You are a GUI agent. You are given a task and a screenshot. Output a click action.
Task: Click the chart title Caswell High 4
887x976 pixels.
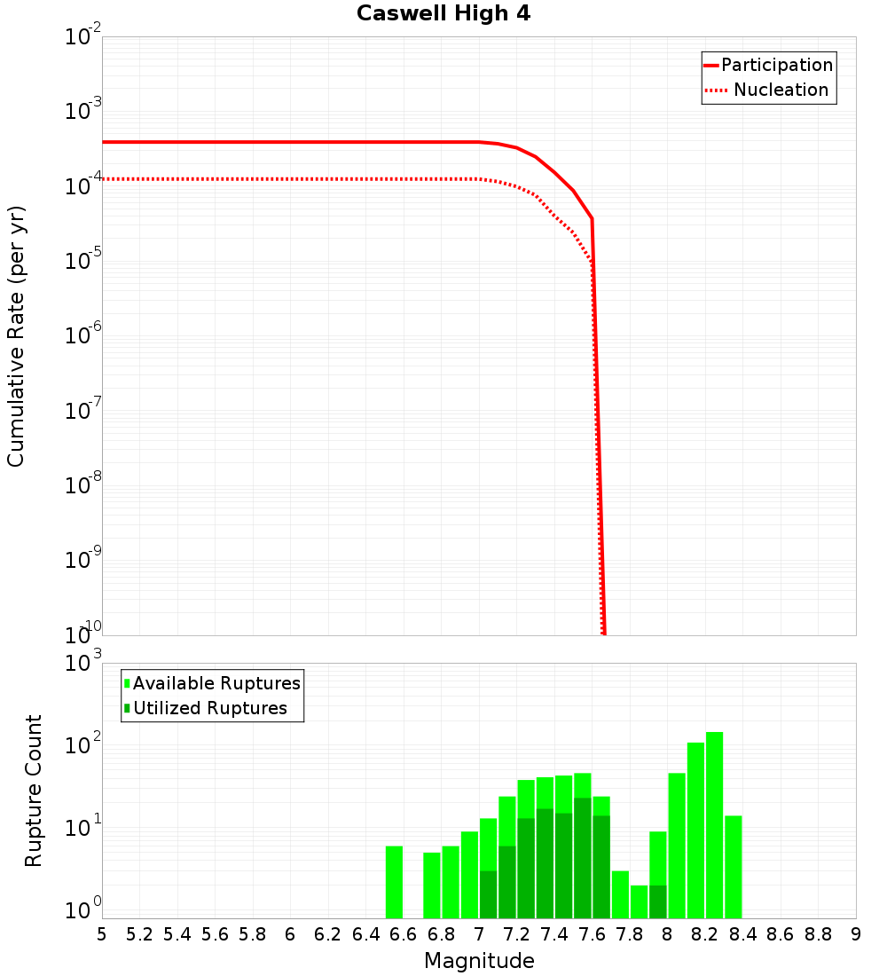point(443,14)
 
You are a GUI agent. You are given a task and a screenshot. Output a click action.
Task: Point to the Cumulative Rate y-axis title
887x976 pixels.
point(16,335)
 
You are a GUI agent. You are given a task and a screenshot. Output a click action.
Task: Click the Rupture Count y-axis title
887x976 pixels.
point(34,791)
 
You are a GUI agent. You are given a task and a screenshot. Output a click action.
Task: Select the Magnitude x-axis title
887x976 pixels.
point(479,961)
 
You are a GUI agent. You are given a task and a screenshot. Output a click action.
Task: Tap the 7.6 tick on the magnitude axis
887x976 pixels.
point(593,934)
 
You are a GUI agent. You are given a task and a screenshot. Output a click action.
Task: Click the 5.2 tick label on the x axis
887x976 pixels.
point(140,934)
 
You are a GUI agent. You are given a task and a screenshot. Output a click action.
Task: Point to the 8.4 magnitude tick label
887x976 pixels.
point(743,934)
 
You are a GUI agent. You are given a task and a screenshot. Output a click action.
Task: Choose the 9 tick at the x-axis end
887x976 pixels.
point(856,934)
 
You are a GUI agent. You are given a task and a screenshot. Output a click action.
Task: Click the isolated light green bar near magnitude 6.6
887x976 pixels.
point(394,882)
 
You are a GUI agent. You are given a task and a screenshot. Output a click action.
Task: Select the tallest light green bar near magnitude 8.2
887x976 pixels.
point(714,825)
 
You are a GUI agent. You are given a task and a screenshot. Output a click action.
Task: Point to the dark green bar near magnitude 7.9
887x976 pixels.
point(657,901)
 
